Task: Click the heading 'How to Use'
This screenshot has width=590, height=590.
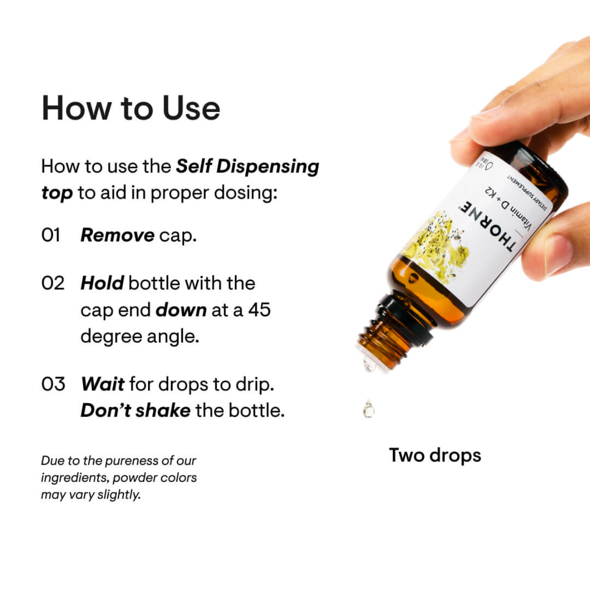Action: pyautogui.click(x=131, y=108)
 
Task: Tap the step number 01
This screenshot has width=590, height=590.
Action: pyautogui.click(x=51, y=235)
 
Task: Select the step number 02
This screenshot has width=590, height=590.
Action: pyautogui.click(x=53, y=283)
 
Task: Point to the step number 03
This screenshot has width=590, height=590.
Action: pyautogui.click(x=53, y=384)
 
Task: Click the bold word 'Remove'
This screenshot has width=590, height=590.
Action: pyautogui.click(x=117, y=235)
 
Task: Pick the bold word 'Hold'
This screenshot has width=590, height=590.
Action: pyautogui.click(x=102, y=283)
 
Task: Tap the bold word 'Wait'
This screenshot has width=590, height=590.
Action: pyautogui.click(x=103, y=384)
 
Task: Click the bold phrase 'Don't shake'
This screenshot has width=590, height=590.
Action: pyautogui.click(x=135, y=410)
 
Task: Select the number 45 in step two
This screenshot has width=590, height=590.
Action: pyautogui.click(x=259, y=310)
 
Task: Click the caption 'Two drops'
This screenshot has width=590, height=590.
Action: pyautogui.click(x=435, y=455)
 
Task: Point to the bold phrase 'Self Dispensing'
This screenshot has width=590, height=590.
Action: pyautogui.click(x=248, y=166)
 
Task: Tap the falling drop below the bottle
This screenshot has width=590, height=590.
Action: pyautogui.click(x=368, y=409)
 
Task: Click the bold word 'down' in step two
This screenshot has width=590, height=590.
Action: pyautogui.click(x=181, y=310)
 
